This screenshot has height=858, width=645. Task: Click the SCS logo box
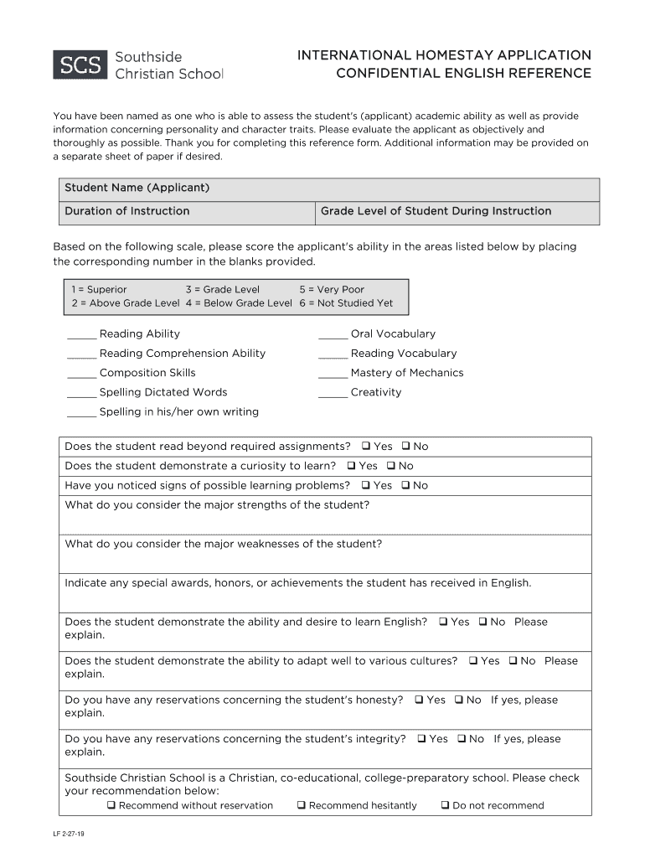coord(80,65)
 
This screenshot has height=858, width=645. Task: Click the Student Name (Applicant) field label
coord(137,188)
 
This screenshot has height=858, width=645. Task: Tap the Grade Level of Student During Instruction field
coord(457,212)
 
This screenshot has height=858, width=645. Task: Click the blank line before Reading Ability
coord(81,335)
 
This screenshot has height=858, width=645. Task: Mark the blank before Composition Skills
coord(81,375)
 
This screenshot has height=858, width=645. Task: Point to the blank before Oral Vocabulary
coord(333,335)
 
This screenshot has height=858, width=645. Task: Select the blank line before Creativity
coord(333,394)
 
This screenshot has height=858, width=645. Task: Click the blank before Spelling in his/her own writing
coord(81,413)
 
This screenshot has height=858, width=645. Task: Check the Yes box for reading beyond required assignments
coord(366,447)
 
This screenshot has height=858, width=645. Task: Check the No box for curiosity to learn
coord(390,466)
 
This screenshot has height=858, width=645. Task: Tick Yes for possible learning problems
coord(366,485)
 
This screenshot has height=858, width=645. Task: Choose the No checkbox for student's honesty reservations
coord(459,700)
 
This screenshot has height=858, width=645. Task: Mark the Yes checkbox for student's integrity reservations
coord(422,739)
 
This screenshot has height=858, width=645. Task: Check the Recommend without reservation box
coord(111,805)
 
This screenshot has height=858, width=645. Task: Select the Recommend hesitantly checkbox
coord(301,805)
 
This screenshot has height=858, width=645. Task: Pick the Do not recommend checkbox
coord(445,805)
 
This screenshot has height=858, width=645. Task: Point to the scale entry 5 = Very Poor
coord(332,289)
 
